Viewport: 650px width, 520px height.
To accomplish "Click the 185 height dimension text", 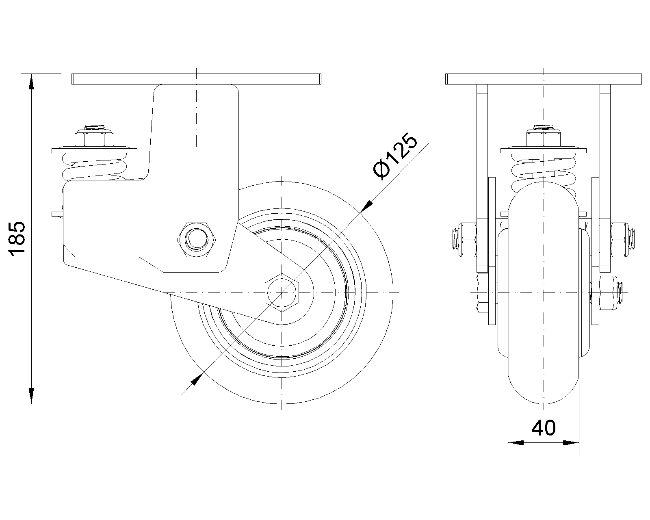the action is [x=17, y=239].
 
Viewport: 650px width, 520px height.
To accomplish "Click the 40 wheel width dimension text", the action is [x=544, y=428].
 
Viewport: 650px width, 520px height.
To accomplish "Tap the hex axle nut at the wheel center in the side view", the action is [x=282, y=292].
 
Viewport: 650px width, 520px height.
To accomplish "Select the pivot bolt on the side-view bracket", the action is [x=196, y=240].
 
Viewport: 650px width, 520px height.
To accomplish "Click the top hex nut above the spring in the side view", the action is [x=94, y=139].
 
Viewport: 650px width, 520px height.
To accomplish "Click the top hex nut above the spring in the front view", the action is [x=544, y=139].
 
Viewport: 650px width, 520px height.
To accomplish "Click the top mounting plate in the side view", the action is [x=196, y=79].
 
